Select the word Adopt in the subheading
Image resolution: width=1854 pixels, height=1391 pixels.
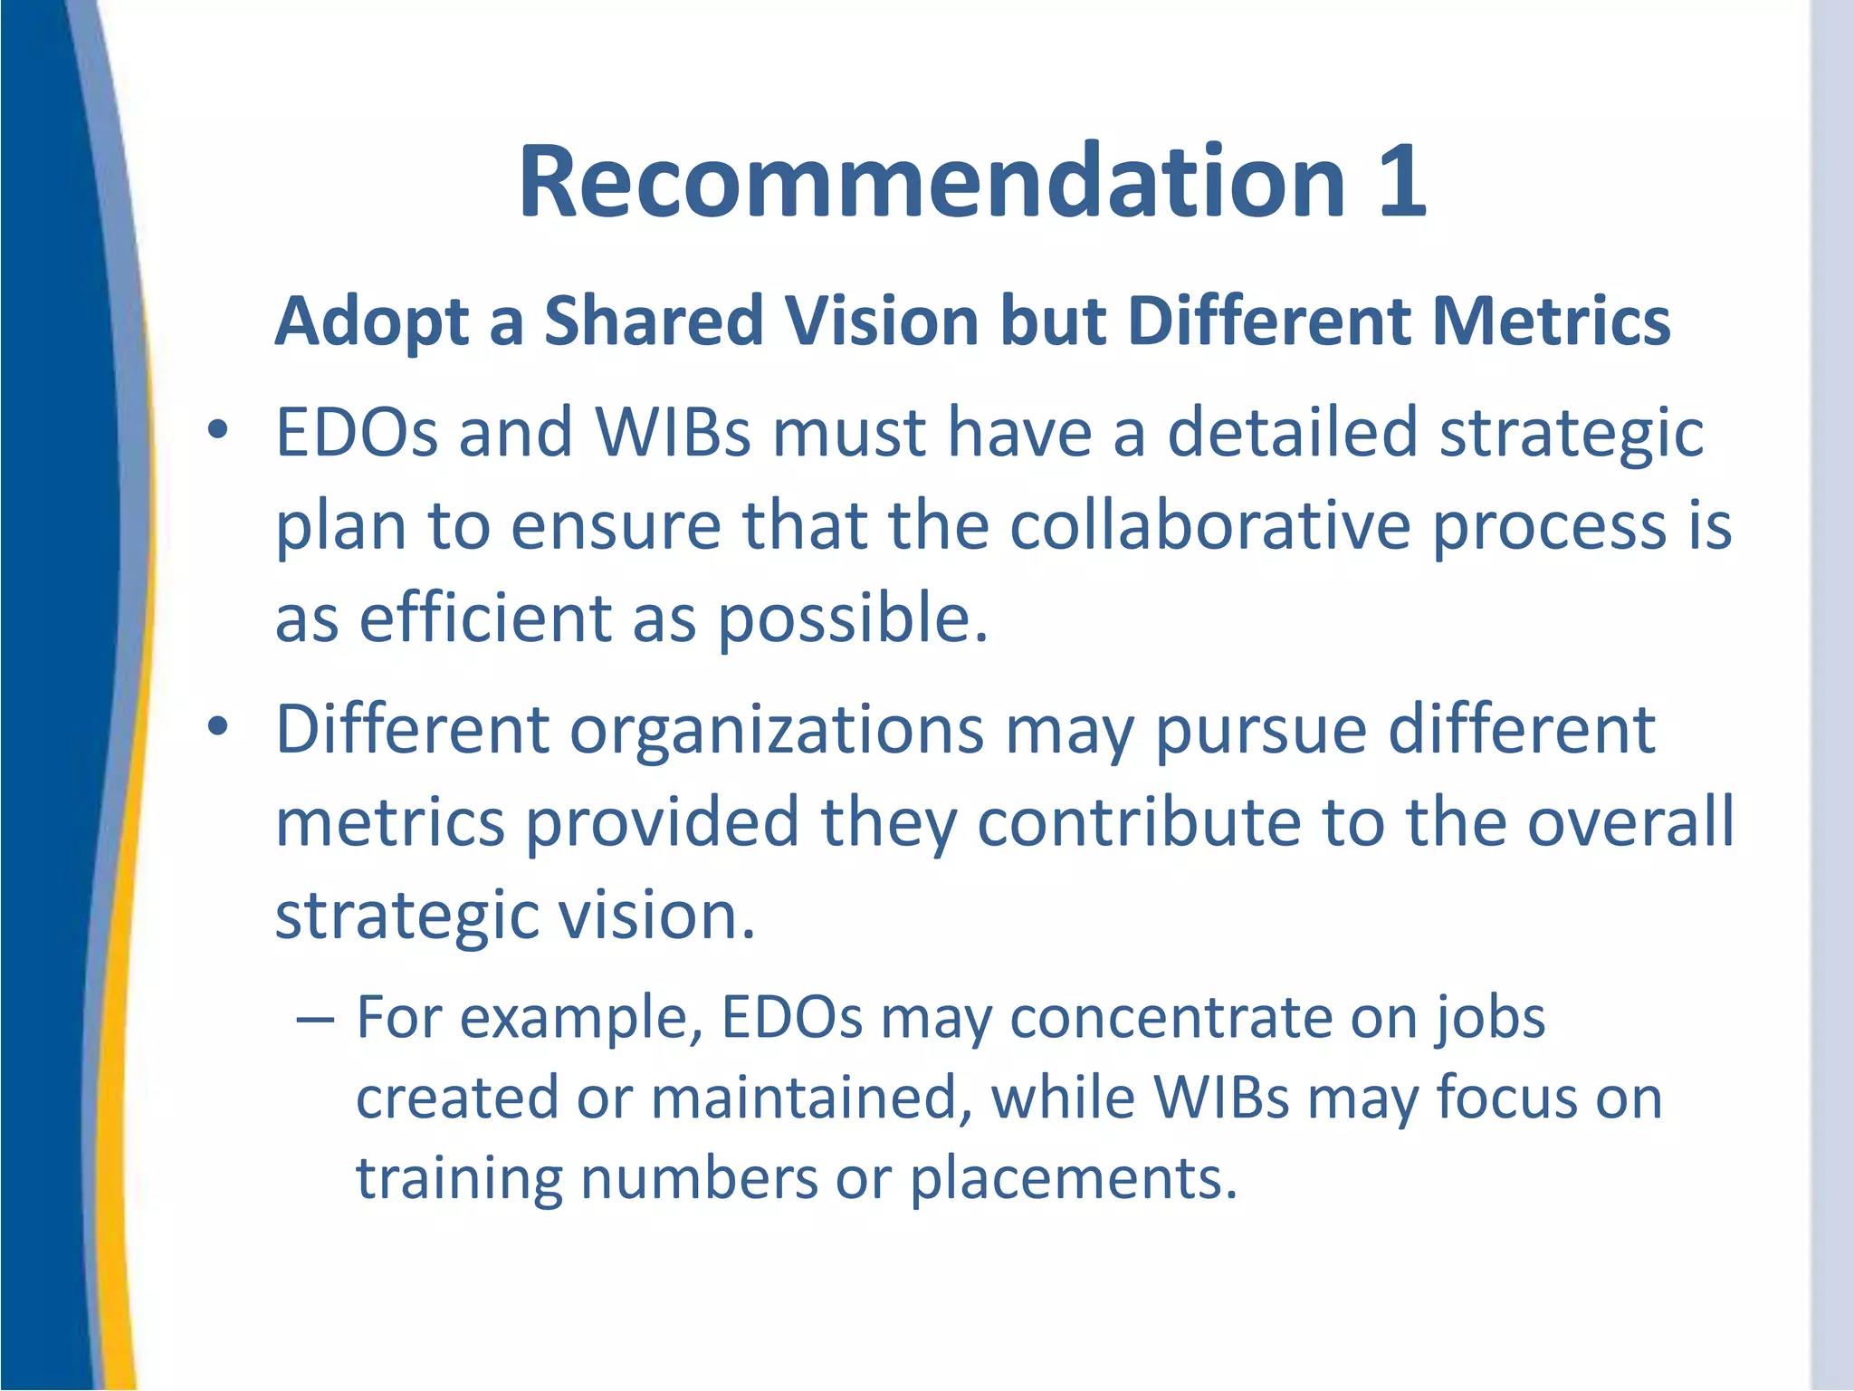371,322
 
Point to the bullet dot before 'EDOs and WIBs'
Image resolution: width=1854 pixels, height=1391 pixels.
216,432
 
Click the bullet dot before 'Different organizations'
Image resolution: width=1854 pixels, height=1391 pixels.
216,727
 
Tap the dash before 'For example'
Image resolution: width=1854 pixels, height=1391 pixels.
314,1019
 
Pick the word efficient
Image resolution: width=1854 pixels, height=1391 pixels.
485,619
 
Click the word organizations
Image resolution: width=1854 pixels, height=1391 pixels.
777,731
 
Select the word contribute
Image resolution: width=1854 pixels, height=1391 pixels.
1138,822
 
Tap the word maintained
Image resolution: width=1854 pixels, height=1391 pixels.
804,1098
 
